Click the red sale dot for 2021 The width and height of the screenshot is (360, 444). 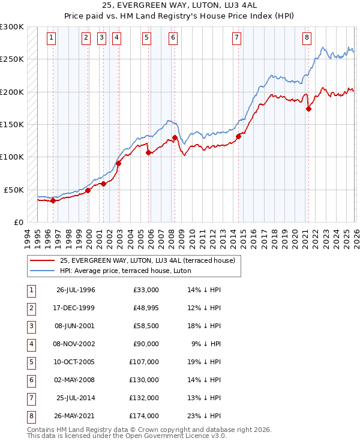[309, 109]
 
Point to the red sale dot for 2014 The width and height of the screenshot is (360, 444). [239, 136]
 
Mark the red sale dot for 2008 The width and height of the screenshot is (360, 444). [175, 137]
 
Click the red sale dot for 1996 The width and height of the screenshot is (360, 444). [53, 200]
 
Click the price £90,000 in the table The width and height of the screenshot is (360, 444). [145, 344]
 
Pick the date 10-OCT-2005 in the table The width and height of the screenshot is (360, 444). [76, 362]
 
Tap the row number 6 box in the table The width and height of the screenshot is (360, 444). [31, 380]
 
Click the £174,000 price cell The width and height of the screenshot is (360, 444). [145, 416]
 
